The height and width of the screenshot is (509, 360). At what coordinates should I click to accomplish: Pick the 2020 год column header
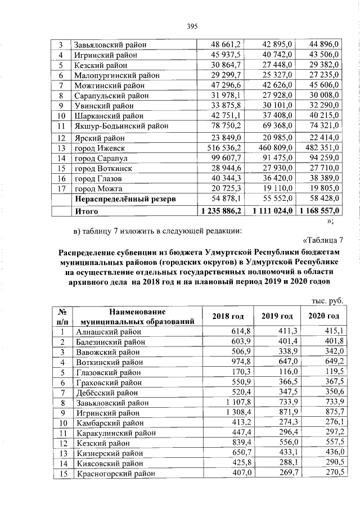[x=324, y=316]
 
